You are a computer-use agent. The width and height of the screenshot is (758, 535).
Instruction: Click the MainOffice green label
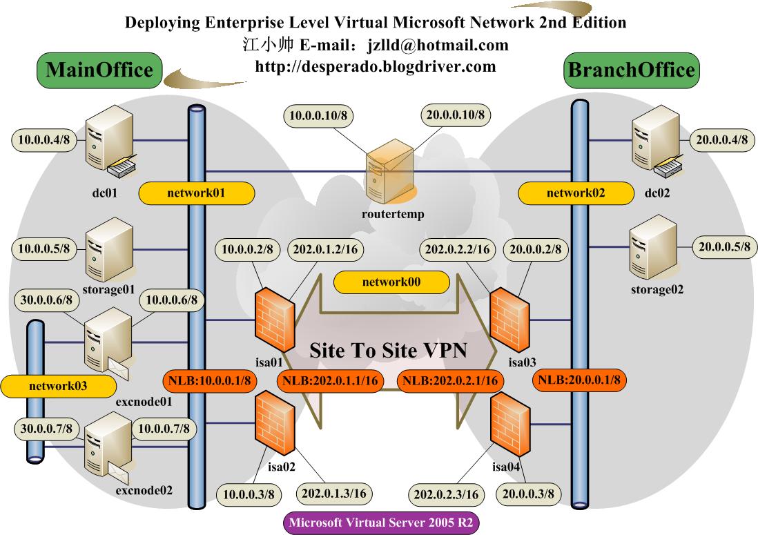pos(99,70)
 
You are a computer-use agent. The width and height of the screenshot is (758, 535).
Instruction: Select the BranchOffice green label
pos(630,70)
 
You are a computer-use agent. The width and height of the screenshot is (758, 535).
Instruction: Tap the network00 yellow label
pos(391,282)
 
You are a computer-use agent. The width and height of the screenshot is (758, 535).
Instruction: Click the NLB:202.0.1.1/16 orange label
pos(329,380)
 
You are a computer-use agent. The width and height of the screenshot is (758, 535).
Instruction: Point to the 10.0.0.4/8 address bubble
pos(43,140)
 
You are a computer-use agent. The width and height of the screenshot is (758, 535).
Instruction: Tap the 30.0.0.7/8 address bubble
pos(45,429)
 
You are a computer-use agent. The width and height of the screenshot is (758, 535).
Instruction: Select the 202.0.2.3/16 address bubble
pos(446,494)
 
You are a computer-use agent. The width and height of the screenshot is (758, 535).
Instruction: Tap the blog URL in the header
pos(376,66)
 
